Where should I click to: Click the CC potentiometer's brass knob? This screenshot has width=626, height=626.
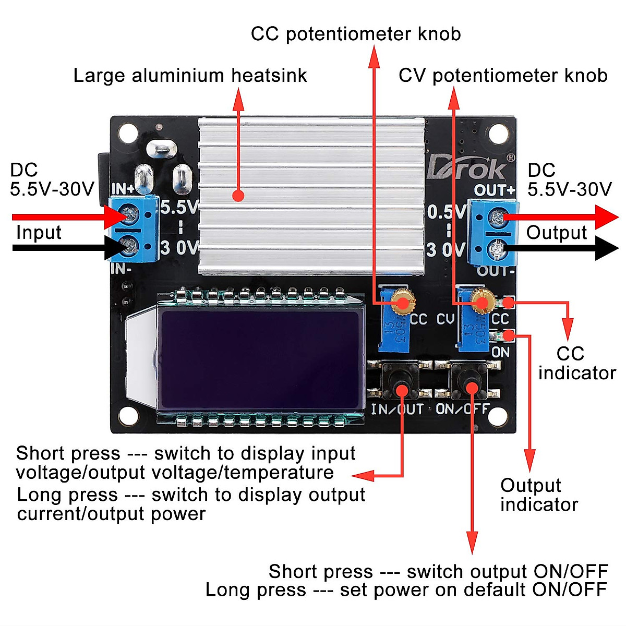coord(402,302)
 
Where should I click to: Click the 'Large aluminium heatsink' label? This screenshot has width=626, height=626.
coord(190,76)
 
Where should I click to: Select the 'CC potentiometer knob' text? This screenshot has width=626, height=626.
coord(356,34)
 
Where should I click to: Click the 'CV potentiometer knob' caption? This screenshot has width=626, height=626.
coord(503,76)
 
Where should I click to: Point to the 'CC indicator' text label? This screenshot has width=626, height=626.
coord(576,363)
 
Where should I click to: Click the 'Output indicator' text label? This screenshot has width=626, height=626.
coord(538,495)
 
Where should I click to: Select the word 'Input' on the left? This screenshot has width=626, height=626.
coord(39,232)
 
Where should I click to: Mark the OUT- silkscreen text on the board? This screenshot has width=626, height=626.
coord(496,271)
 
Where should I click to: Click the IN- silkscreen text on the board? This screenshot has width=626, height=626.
coord(122,269)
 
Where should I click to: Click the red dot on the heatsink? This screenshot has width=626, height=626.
coord(238,196)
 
